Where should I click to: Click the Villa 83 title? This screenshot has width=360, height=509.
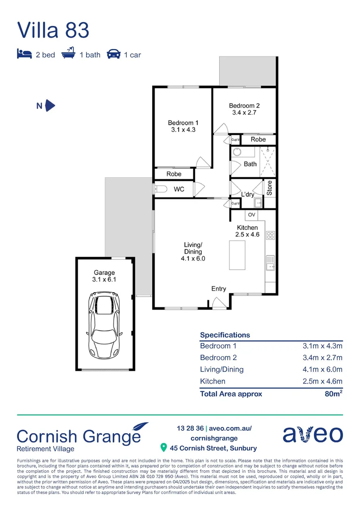click(x=53, y=30)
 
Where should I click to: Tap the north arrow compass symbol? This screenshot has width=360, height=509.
click(x=50, y=106)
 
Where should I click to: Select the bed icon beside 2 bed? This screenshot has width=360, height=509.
click(x=24, y=54)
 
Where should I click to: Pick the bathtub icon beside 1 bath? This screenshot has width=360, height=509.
click(x=69, y=54)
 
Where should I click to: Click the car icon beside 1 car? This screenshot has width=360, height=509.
click(x=113, y=54)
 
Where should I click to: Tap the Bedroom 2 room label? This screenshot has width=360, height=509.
click(x=244, y=109)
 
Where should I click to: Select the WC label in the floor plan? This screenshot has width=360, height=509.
click(x=179, y=189)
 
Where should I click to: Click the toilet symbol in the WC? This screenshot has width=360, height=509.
click(x=160, y=189)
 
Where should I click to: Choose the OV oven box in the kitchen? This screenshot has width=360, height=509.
click(x=252, y=215)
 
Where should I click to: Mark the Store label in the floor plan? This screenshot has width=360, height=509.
click(x=270, y=188)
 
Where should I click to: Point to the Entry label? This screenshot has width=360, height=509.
click(x=219, y=289)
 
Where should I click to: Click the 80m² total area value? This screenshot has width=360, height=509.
click(x=333, y=394)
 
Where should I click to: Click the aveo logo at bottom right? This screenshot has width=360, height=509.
click(x=313, y=434)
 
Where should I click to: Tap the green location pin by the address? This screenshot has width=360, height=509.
click(x=164, y=447)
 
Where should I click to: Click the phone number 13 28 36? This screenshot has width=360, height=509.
click(x=190, y=428)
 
